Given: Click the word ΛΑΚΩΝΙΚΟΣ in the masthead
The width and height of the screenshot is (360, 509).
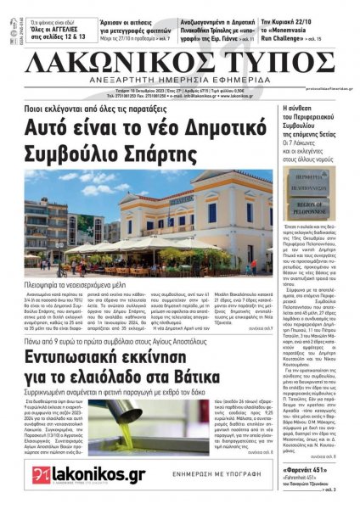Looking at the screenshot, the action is coord(112,64).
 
